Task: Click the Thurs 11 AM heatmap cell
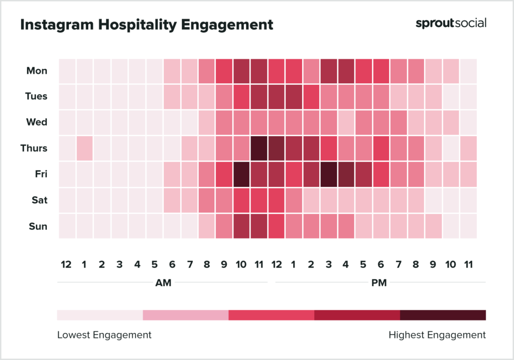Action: click(x=259, y=148)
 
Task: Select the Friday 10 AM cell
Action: click(x=241, y=174)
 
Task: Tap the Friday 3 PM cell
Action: click(x=328, y=174)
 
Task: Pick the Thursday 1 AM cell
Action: click(x=84, y=148)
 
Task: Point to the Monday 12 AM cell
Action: click(x=67, y=71)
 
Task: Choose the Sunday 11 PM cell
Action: click(x=468, y=226)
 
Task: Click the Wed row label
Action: click(x=37, y=122)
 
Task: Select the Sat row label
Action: click(x=39, y=200)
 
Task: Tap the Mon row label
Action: click(x=37, y=71)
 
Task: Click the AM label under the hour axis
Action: click(x=163, y=283)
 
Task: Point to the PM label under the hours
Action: click(x=379, y=283)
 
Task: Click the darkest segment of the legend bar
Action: click(x=443, y=315)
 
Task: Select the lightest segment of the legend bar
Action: click(x=100, y=315)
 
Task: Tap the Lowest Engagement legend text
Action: click(x=104, y=335)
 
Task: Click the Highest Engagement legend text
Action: click(x=437, y=335)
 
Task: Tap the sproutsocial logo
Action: click(x=451, y=23)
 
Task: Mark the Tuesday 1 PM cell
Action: click(x=294, y=96)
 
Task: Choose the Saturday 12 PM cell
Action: click(x=276, y=200)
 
